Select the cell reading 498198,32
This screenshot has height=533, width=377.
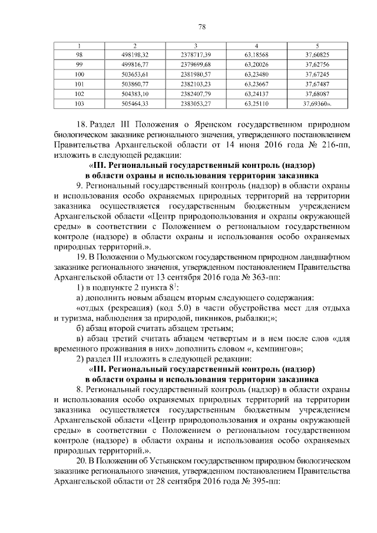tap(134, 54)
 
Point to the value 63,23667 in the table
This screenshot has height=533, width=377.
tap(256, 84)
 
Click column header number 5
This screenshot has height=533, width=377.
tap(317, 45)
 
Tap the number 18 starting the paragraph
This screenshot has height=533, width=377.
tap(82, 125)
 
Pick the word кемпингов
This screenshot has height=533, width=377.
tap(279, 347)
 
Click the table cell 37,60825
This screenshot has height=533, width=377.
tap(317, 54)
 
